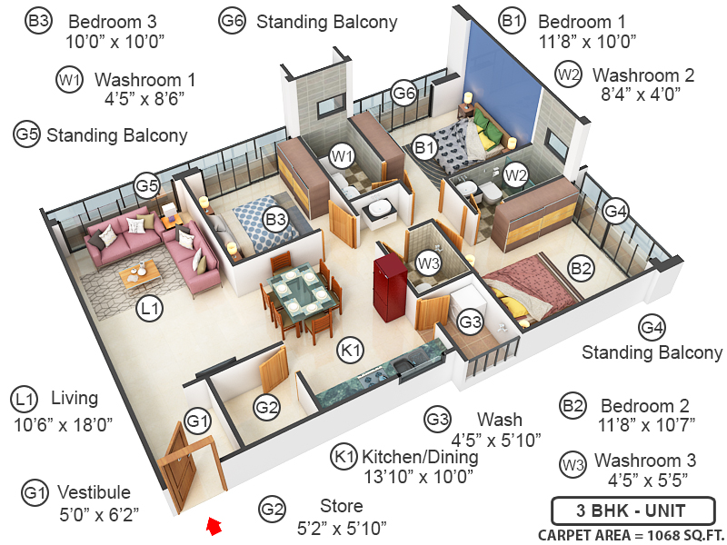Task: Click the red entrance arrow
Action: click(x=214, y=524)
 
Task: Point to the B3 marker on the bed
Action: click(x=276, y=218)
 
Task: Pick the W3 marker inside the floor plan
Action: click(x=428, y=263)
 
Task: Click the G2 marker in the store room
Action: click(x=266, y=408)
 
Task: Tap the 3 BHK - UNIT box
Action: click(x=632, y=509)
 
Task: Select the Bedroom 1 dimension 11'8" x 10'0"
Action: click(x=587, y=41)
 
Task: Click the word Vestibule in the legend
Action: click(x=94, y=492)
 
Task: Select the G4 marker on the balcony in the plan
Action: click(x=616, y=212)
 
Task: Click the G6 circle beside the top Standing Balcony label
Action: click(x=233, y=21)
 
